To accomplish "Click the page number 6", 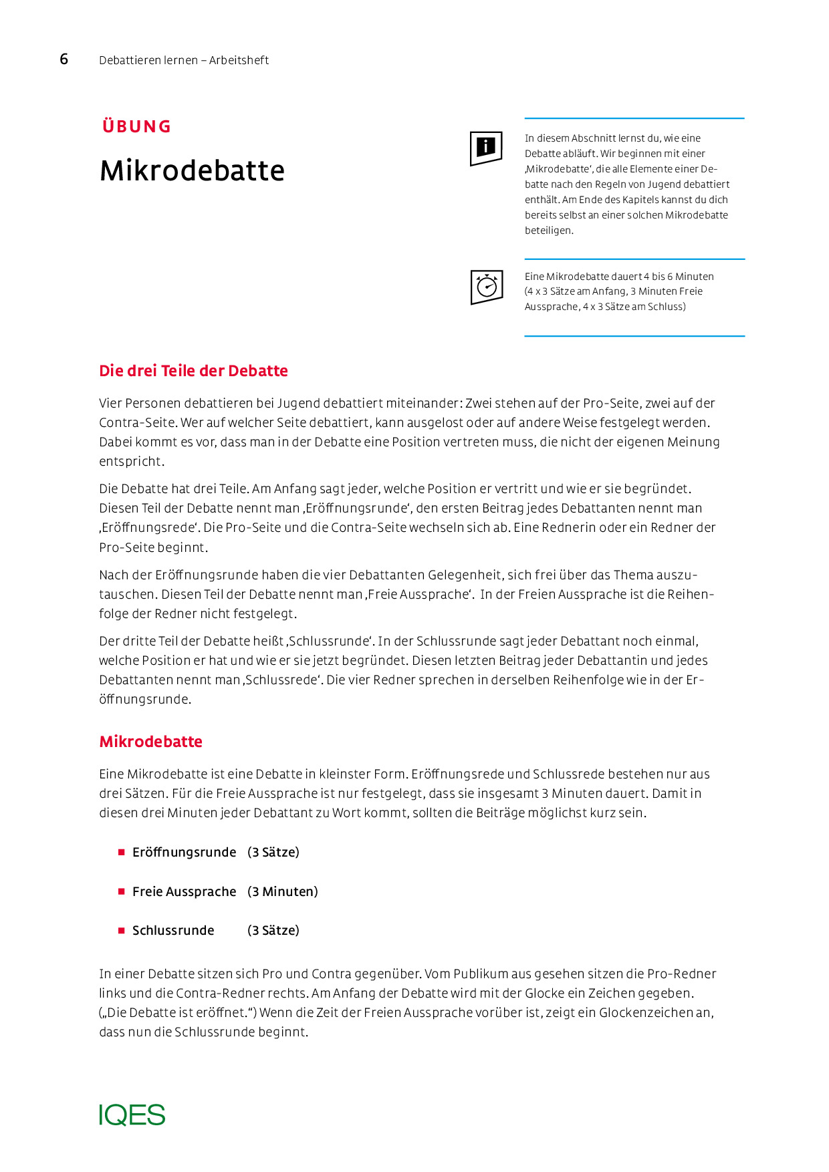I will [x=64, y=59].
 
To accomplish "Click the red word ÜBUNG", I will [x=137, y=126].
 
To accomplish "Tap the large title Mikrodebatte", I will [x=192, y=170].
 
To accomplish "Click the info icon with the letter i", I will [x=486, y=148].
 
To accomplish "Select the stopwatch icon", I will [x=487, y=287].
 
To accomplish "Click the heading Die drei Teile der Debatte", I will [x=193, y=371].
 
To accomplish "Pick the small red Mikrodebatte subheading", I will [x=150, y=742].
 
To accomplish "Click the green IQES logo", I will [x=132, y=1115].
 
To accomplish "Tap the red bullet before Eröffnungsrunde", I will [x=122, y=852].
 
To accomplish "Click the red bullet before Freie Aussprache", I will [x=122, y=891].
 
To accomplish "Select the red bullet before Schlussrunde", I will [x=122, y=930].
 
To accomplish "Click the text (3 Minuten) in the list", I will [x=283, y=891].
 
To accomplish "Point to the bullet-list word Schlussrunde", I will [x=173, y=930].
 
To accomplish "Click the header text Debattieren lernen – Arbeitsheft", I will [x=184, y=60].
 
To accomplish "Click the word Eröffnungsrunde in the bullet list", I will [x=184, y=852].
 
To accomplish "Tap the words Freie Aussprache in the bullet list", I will [x=184, y=891].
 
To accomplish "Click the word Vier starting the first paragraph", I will [x=110, y=403].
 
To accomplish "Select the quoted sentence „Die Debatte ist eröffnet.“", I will [x=178, y=1012].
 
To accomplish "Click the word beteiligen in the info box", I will [x=549, y=231].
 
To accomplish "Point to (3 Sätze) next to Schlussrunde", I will [x=273, y=930].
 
